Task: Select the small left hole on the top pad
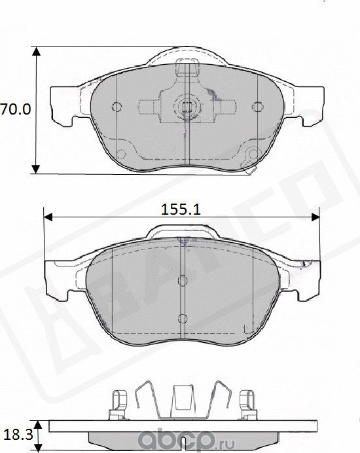point(117,107)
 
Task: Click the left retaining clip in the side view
point(118,403)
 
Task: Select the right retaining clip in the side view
point(247,403)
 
